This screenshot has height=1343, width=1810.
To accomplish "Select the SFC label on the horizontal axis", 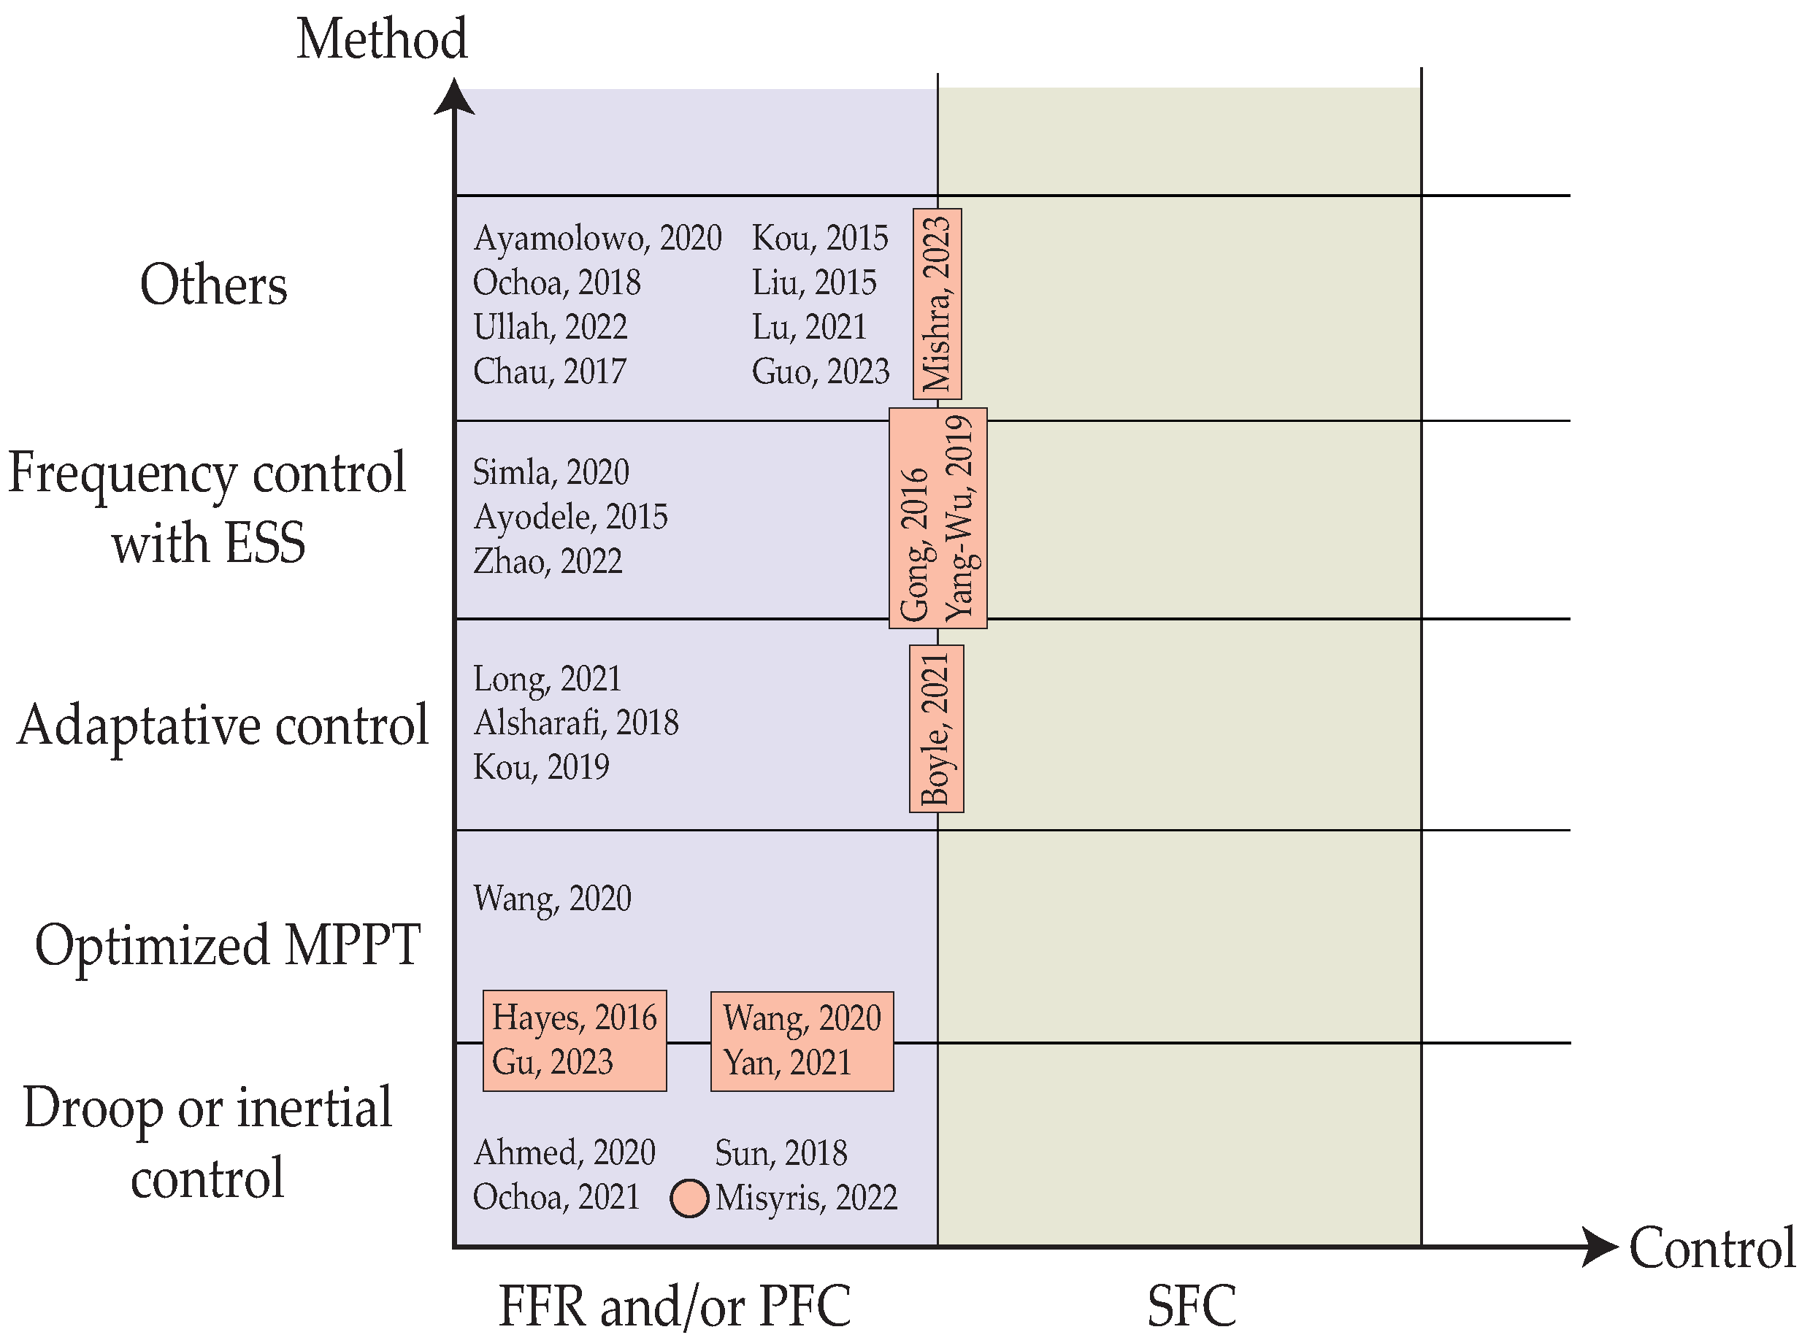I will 1192,1306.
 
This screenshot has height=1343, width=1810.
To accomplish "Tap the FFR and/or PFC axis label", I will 674,1306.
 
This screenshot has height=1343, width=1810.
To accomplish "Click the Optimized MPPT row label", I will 227,946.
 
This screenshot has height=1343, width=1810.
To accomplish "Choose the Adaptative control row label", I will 222,726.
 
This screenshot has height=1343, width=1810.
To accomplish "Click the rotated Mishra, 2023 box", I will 937,303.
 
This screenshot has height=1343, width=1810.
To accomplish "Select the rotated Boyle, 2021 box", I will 936,728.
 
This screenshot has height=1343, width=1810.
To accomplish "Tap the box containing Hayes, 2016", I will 574,1040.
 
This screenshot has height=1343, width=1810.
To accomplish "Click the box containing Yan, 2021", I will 802,1041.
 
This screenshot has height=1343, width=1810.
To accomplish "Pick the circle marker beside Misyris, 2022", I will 689,1198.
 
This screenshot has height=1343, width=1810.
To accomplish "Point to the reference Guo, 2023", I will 820,372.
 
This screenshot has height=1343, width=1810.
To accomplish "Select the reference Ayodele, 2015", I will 570,517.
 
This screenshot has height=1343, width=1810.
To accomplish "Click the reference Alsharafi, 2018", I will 575,723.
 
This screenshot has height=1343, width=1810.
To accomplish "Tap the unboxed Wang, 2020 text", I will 552,898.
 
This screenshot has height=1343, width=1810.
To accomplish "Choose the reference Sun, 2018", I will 781,1152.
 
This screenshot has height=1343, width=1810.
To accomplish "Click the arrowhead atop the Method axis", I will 453,97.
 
